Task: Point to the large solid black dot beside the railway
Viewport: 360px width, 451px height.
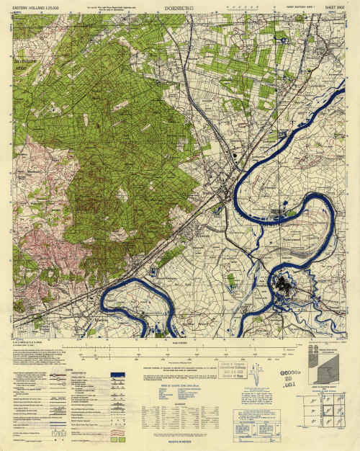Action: pyautogui.click(x=235, y=154)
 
